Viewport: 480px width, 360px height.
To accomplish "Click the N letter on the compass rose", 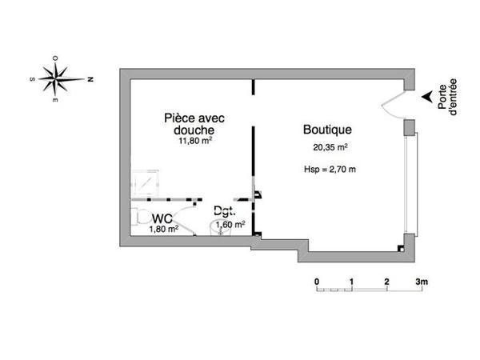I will pyautogui.click(x=91, y=80).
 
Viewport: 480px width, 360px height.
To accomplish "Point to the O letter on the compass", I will pyautogui.click(x=54, y=58).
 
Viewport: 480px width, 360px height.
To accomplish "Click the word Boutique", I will pyautogui.click(x=327, y=130).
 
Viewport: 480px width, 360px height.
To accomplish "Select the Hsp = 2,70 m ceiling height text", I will pyautogui.click(x=330, y=169).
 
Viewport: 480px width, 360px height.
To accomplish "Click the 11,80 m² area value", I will pyautogui.click(x=194, y=141).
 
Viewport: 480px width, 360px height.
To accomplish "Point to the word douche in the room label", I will pyautogui.click(x=194, y=130).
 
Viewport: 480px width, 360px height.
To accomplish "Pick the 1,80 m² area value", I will pyautogui.click(x=163, y=228).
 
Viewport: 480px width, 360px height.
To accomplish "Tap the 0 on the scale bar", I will pyautogui.click(x=317, y=282).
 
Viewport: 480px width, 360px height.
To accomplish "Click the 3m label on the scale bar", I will pyautogui.click(x=422, y=282).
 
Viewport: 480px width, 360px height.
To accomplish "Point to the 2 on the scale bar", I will pyautogui.click(x=386, y=282).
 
